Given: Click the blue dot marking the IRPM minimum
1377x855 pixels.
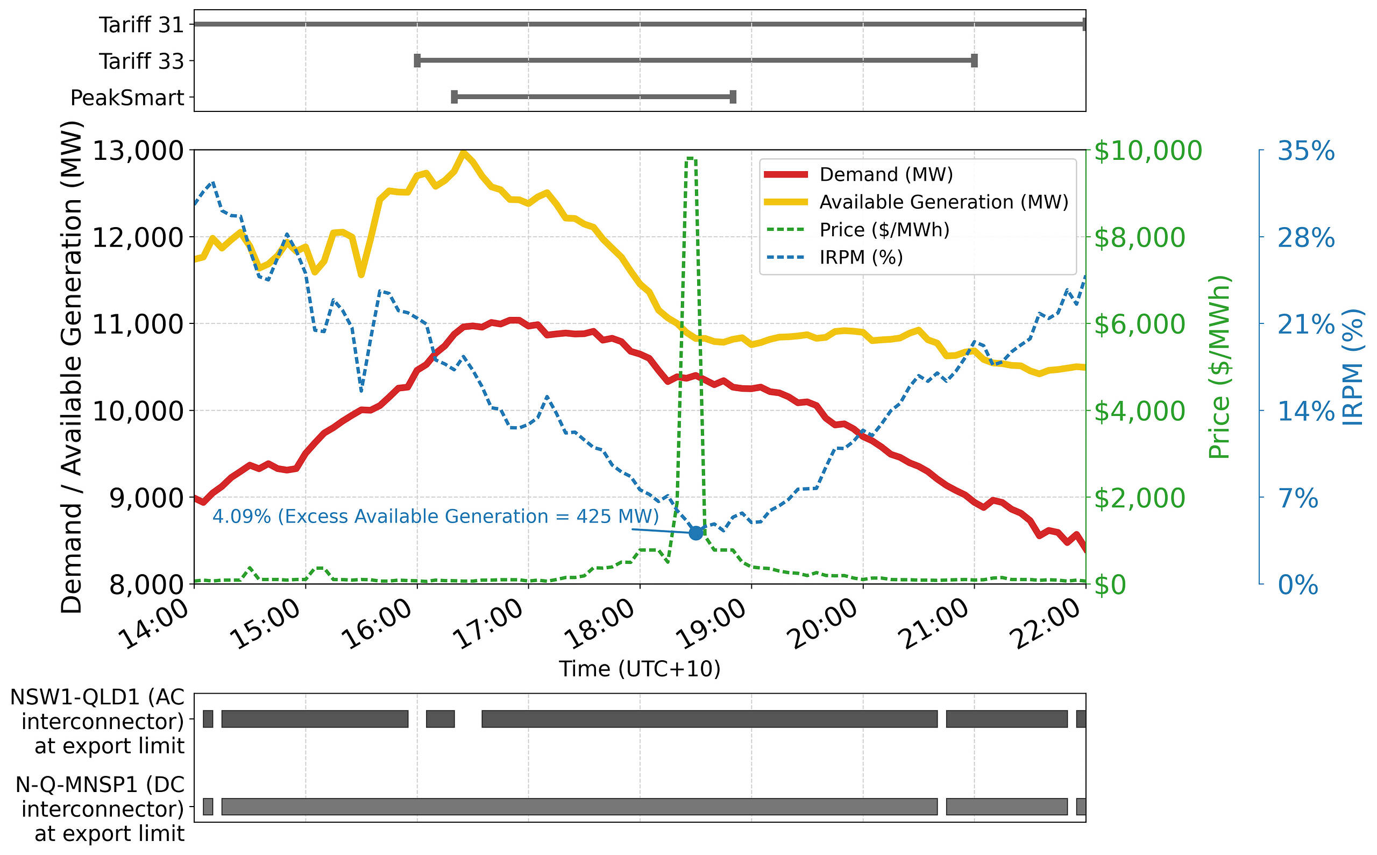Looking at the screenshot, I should (696, 532).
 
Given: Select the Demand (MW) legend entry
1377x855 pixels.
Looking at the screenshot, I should (886, 174).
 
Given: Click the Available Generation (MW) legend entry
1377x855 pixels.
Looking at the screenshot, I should (943, 202).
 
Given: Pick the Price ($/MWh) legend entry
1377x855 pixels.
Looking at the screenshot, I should (884, 230).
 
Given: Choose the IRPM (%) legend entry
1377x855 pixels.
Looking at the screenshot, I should (861, 257).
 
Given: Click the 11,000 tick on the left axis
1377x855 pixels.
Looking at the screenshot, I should (138, 324).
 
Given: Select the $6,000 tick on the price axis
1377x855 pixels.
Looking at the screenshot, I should (1139, 324).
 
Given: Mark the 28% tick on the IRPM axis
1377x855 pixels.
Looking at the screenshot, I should (1306, 237).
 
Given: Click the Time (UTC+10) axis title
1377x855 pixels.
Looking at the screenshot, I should (640, 669).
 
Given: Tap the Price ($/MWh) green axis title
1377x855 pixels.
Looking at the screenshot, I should (1219, 367).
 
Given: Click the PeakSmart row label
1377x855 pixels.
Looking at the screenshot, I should (127, 98).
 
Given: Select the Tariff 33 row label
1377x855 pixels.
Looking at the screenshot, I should (141, 61).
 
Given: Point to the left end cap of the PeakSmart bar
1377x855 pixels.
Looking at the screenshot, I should (455, 97).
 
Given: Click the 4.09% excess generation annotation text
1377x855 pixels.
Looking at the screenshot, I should (435, 516).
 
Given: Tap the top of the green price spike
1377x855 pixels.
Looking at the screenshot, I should (691, 159).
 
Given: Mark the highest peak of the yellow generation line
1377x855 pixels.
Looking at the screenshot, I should (464, 153).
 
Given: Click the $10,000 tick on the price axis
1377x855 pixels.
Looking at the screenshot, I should (1147, 151).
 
